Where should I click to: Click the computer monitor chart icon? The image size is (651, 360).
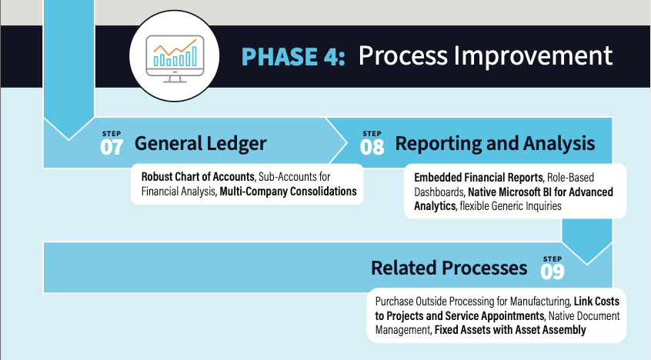(x=175, y=58)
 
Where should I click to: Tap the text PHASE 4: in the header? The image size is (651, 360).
(x=293, y=56)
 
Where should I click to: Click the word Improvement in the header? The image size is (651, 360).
(x=533, y=55)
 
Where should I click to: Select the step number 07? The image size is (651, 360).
(x=112, y=147)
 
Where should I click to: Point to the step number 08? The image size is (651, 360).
(x=372, y=147)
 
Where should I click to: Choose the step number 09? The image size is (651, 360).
(x=553, y=272)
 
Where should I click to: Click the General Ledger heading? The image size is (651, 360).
(x=201, y=144)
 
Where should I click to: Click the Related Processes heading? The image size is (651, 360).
(x=449, y=268)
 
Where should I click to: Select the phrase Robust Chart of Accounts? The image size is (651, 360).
(x=198, y=177)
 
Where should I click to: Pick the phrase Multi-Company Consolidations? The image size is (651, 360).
(x=288, y=192)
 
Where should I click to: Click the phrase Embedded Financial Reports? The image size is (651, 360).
(x=479, y=178)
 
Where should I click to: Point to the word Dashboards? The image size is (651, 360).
(x=439, y=192)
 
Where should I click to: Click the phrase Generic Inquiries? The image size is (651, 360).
(x=526, y=206)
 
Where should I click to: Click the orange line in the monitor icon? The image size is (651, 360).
(x=175, y=48)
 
